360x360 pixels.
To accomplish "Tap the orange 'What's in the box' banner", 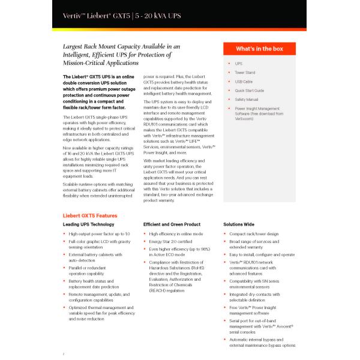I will [259, 49].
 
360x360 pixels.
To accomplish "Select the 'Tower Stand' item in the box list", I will [245, 73].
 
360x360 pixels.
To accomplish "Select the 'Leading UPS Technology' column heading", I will [88, 224].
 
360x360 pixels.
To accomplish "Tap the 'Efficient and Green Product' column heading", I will [171, 224].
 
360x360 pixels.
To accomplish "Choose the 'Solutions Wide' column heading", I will [238, 224].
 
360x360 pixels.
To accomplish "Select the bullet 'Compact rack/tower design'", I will [254, 233].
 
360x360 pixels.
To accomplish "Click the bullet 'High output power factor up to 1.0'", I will [99, 233].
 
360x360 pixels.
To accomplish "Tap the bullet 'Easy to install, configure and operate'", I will [262, 254].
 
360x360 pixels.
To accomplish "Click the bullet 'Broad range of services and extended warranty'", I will [256, 244].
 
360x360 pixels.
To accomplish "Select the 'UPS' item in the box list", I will [239, 64].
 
